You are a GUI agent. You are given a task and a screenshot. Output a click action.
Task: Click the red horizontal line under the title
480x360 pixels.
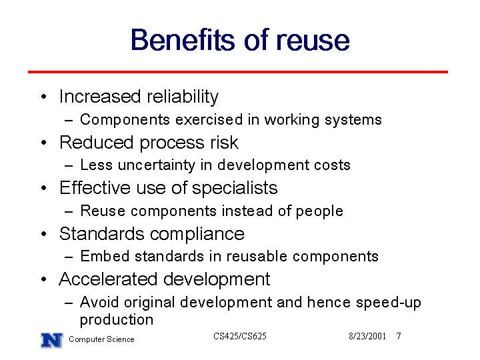[238, 72]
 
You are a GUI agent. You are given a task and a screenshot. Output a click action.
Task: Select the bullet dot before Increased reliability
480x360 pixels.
[44, 97]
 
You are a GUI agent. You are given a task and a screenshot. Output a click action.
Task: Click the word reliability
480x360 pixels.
[183, 97]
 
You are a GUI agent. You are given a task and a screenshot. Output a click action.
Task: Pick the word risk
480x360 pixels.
[224, 143]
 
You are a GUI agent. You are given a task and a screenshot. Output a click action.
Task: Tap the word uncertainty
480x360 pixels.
[157, 165]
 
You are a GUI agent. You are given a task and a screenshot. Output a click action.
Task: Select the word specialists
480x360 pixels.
[235, 188]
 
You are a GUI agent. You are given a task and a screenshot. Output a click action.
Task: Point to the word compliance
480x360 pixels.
[197, 235]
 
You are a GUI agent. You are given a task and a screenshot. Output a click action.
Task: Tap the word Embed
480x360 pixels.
[105, 256]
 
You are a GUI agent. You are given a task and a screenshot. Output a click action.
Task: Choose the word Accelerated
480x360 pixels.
[108, 279]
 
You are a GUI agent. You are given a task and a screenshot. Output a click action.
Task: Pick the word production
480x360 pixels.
[117, 320]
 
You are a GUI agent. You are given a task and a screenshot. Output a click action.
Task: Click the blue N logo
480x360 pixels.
[52, 340]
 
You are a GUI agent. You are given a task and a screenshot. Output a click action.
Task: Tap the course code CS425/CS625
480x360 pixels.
[240, 336]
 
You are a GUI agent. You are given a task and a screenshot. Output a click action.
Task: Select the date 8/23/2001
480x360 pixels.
[367, 337]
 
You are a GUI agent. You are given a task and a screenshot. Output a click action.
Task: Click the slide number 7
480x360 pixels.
[399, 337]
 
